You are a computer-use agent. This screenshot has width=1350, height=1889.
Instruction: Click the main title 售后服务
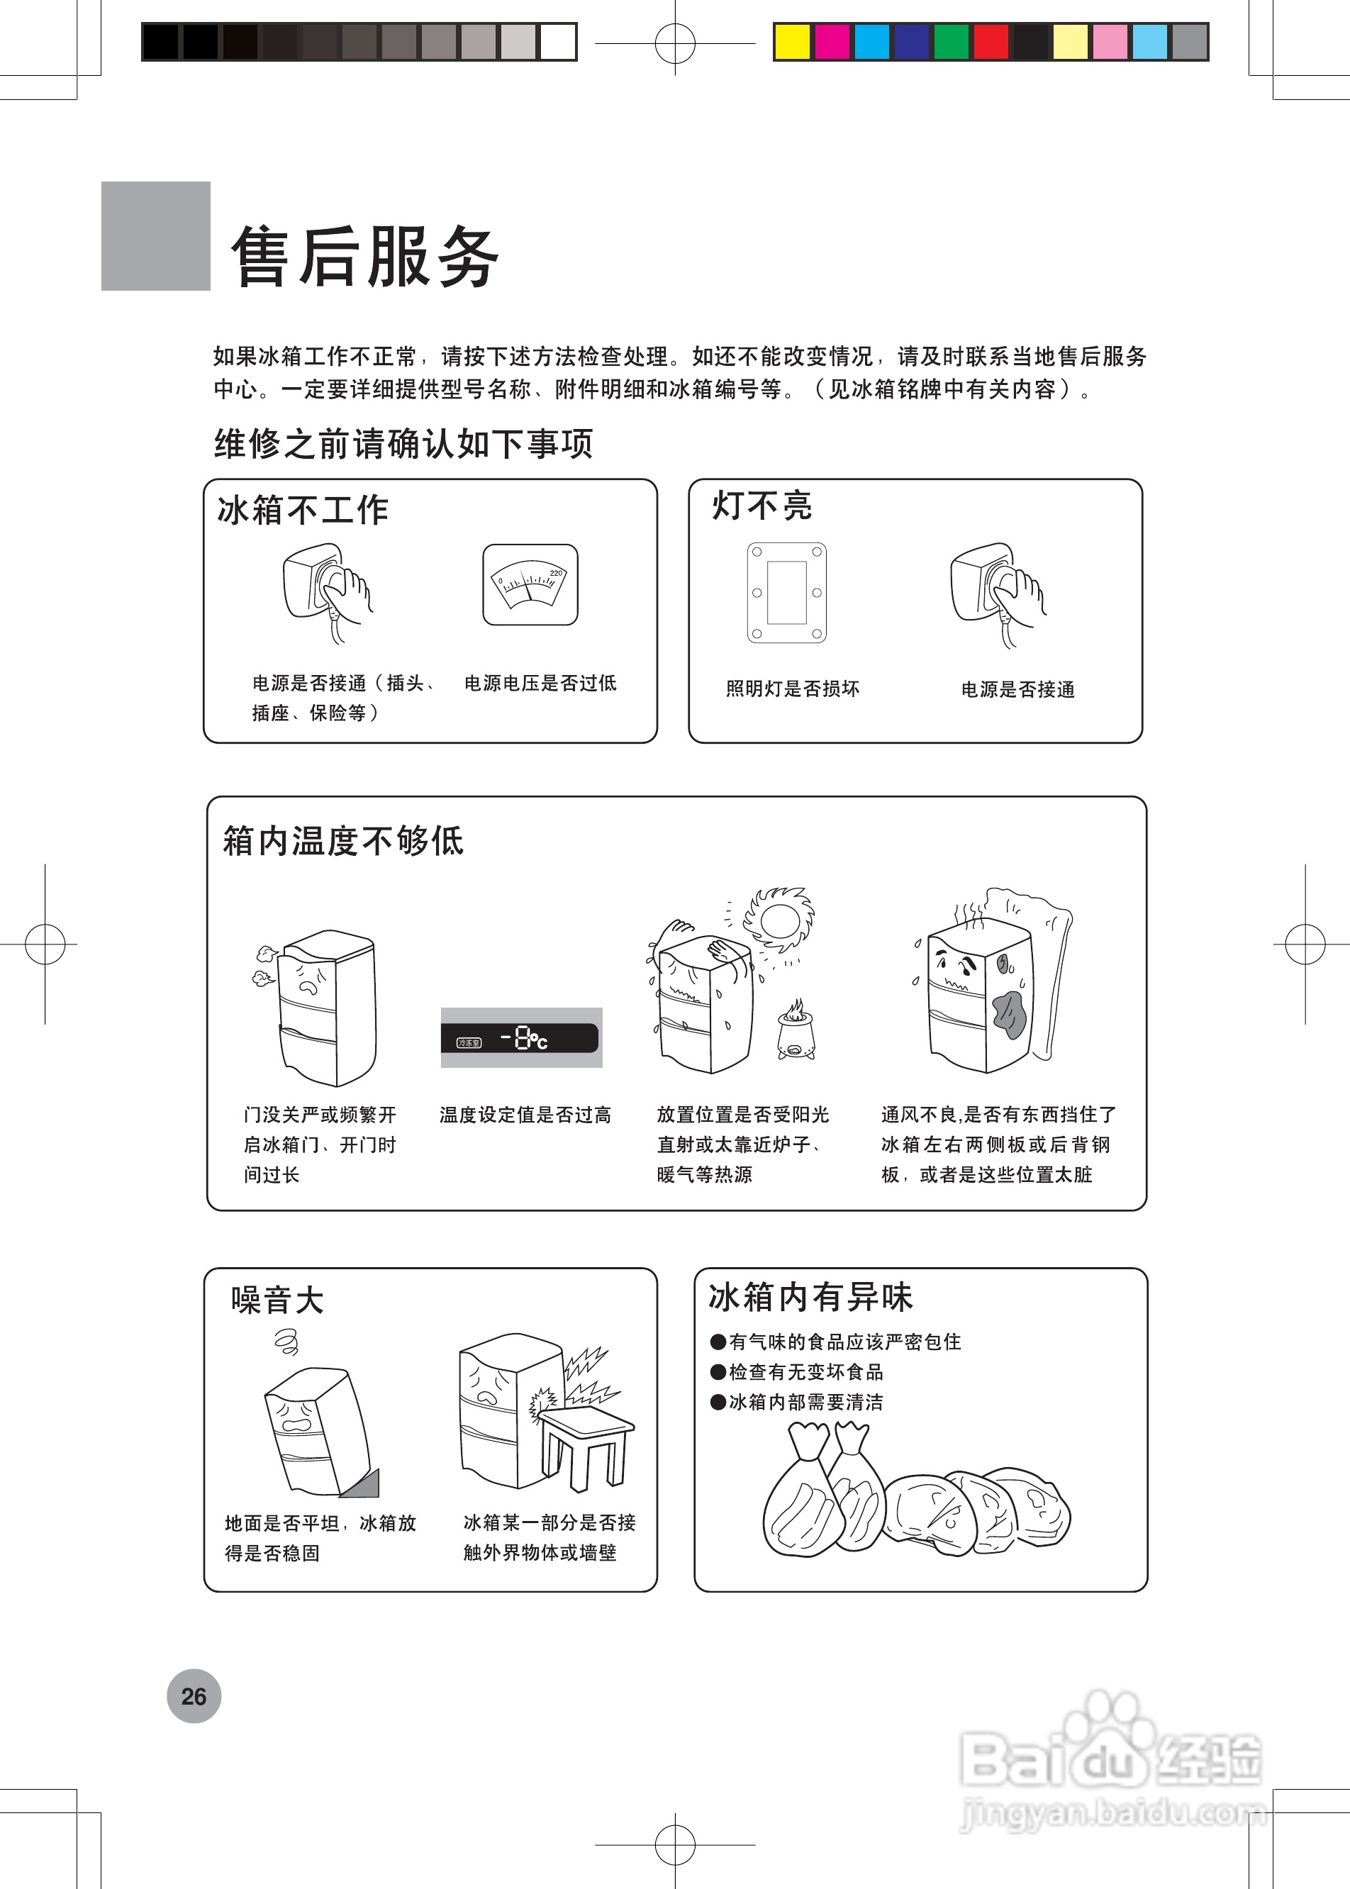pos(365,256)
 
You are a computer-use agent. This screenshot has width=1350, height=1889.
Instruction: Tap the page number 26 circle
pos(194,1696)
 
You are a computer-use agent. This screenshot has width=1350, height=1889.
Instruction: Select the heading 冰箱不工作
pos(303,510)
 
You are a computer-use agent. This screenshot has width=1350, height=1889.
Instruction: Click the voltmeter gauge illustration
pos(530,584)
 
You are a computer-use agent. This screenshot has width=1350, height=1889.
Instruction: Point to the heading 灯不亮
pos(762,506)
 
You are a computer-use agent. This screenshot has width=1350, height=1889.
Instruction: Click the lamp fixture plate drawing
pos(786,592)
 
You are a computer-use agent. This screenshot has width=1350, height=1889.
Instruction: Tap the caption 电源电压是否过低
pos(540,684)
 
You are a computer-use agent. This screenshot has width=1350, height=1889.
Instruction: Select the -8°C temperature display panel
pos(521,1037)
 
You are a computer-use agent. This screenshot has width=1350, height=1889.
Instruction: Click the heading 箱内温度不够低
pos(342,840)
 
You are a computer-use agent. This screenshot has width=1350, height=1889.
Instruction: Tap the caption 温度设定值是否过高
pos(525,1115)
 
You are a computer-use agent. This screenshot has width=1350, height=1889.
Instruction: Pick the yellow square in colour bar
pos(791,42)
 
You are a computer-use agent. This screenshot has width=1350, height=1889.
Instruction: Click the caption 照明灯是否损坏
pos(792,689)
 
